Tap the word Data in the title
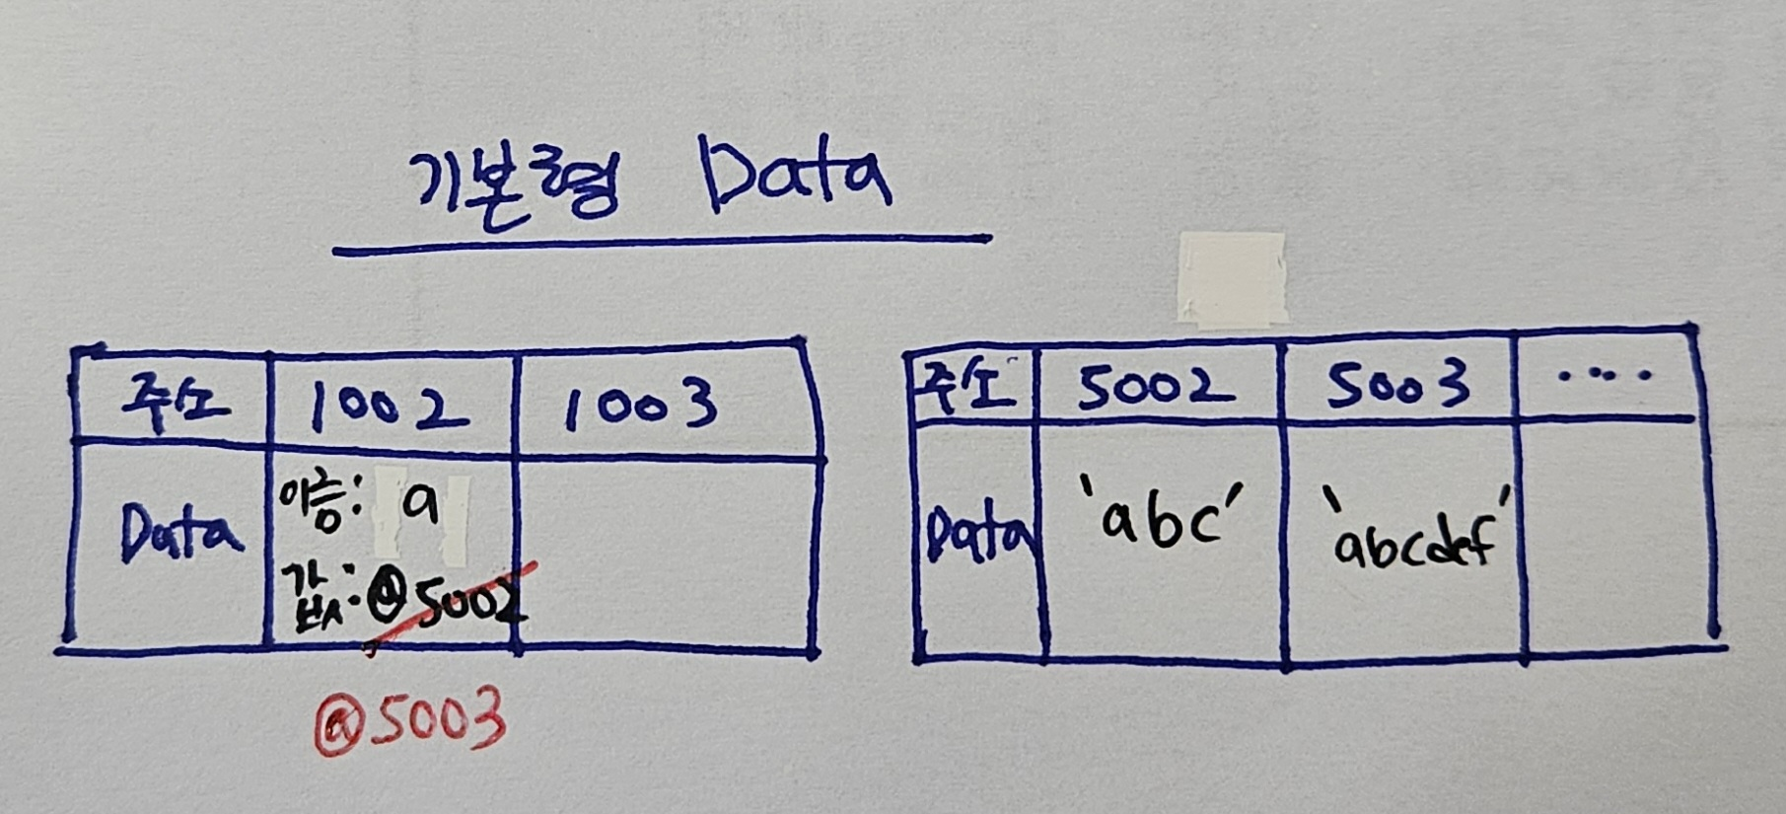(795, 178)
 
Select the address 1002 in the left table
(388, 407)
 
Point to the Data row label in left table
(179, 534)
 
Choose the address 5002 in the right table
(1154, 386)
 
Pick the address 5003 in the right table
(1396, 385)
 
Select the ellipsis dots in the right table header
(1606, 376)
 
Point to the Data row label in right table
(979, 539)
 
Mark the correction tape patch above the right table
(1231, 279)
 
